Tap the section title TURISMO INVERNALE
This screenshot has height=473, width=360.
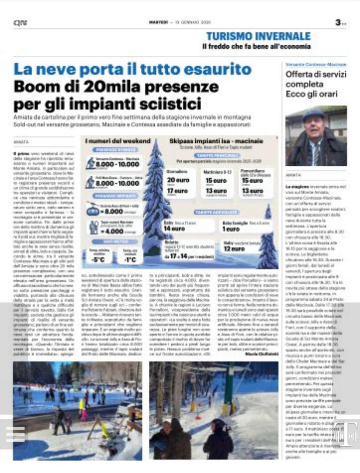259,37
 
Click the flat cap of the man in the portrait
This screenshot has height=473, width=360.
313,115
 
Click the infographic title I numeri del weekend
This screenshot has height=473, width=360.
117,141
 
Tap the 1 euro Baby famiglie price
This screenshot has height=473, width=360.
224,229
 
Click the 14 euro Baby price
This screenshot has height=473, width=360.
174,228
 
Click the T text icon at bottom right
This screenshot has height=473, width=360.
345,433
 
